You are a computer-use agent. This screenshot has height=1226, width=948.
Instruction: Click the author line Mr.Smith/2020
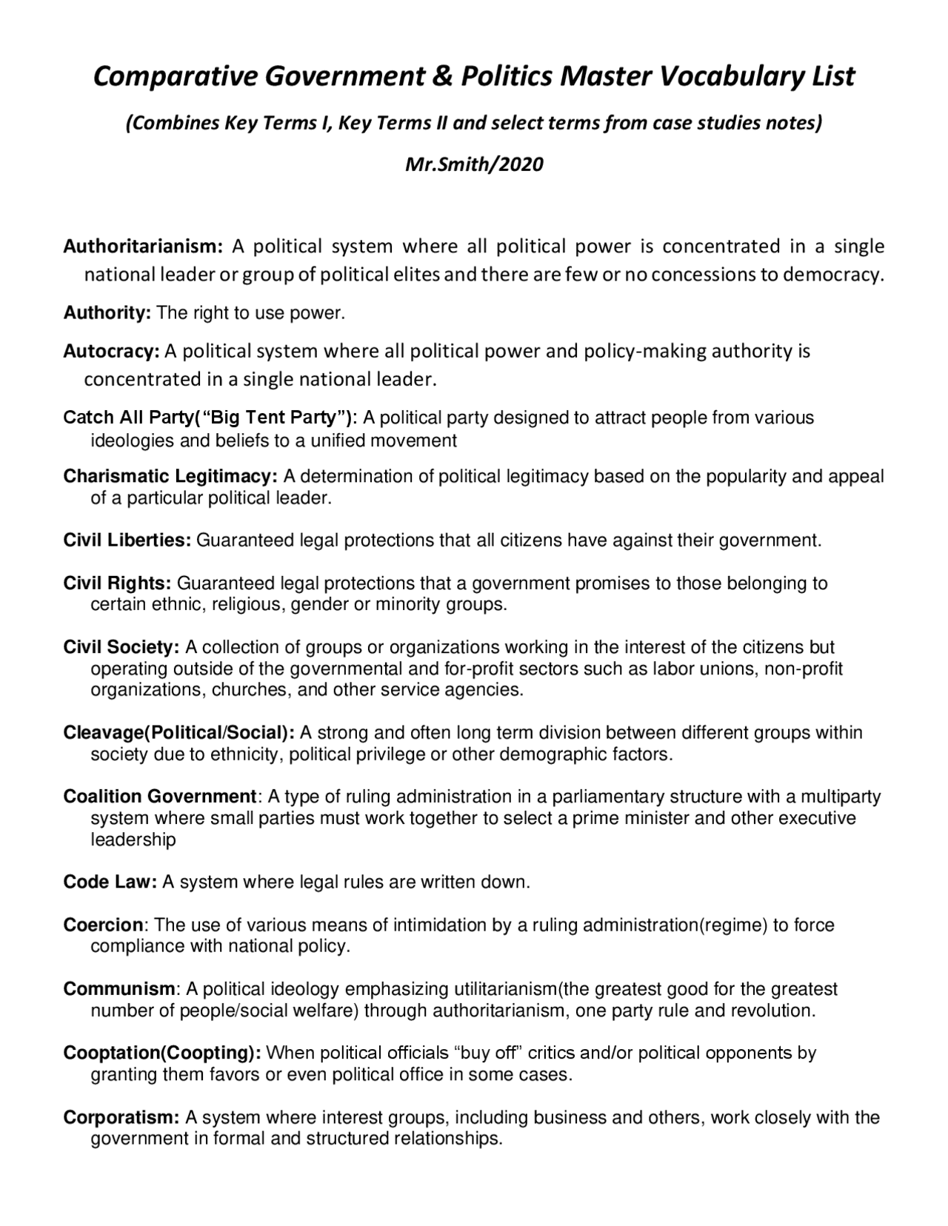(x=474, y=164)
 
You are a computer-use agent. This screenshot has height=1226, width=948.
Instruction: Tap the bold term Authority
(x=107, y=313)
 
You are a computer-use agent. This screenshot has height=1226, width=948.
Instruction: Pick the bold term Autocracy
(x=111, y=351)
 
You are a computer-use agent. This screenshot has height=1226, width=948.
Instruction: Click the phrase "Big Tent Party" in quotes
(x=275, y=418)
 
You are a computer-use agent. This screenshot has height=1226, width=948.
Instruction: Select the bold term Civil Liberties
(x=127, y=540)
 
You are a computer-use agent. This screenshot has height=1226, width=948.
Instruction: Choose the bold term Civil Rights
(x=118, y=583)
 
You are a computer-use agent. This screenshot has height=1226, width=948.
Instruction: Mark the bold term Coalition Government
(x=160, y=797)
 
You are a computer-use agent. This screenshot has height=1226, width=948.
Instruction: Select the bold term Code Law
(x=110, y=882)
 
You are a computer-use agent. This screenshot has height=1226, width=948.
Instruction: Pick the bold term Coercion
(x=104, y=925)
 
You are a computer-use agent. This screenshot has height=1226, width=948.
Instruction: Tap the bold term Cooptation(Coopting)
(x=162, y=1054)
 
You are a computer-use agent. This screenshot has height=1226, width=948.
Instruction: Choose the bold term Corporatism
(x=121, y=1118)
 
